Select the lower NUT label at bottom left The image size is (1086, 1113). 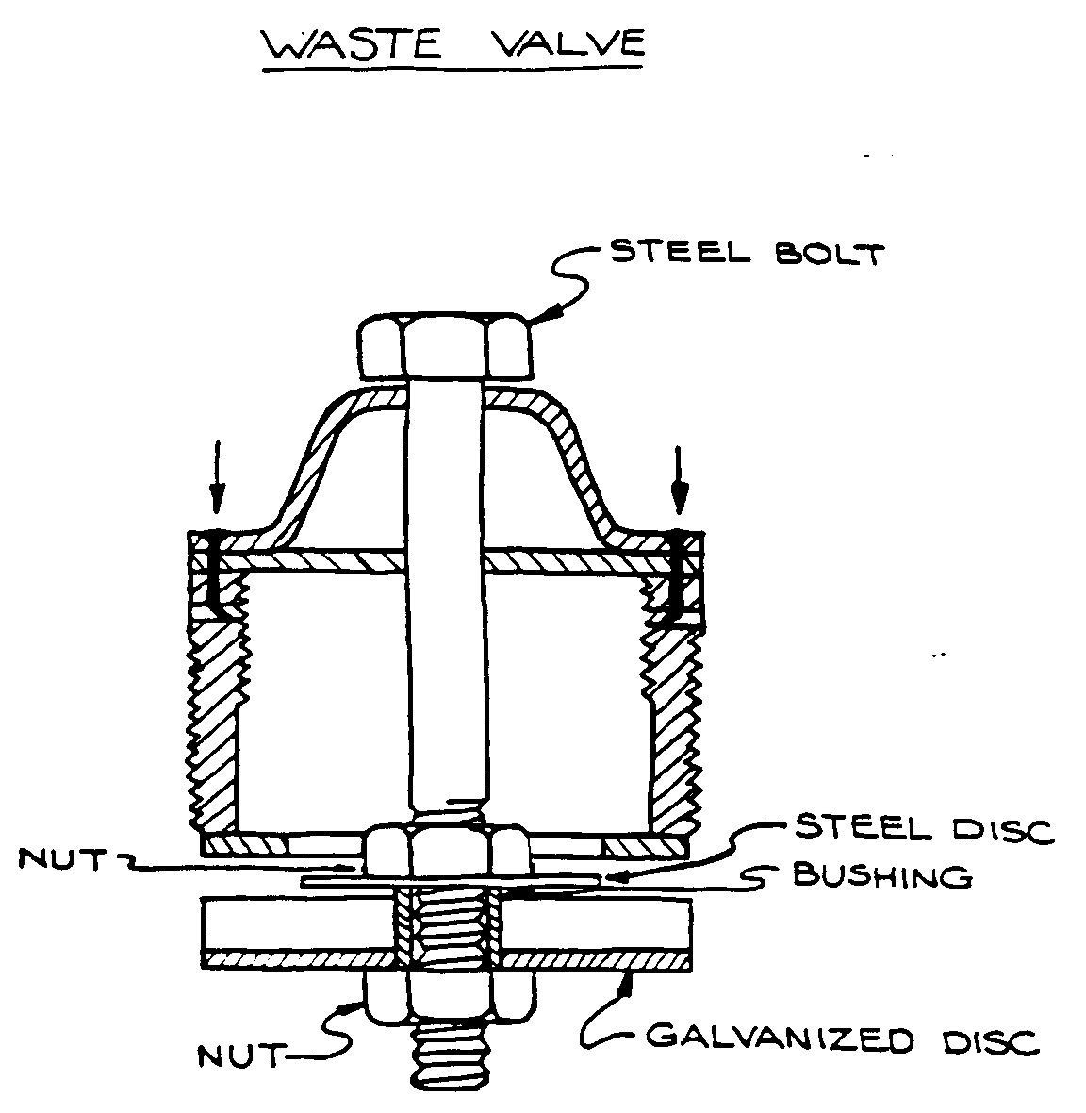click(x=240, y=1055)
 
